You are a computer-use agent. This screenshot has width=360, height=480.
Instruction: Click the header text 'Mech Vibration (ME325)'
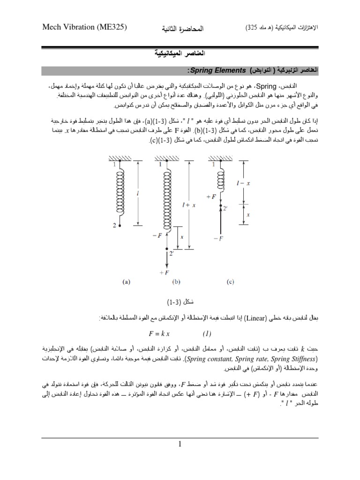[85, 28]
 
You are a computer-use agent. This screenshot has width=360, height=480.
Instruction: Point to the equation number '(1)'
[207, 334]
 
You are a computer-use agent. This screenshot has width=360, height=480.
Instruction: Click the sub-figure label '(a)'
[126, 283]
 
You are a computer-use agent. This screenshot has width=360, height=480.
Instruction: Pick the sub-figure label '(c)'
[230, 283]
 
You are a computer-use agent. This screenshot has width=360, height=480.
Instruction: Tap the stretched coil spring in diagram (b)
[166, 200]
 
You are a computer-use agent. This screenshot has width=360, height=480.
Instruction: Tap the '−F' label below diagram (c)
[219, 239]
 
